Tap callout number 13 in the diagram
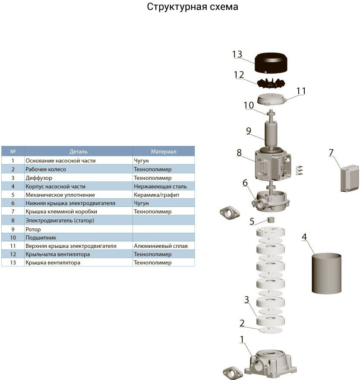point(237,54)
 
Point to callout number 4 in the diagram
point(304,237)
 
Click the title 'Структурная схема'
point(192,7)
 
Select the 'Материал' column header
point(163,152)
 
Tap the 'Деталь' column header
point(79,152)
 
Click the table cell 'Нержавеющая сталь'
point(160,187)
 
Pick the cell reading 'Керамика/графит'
point(156,195)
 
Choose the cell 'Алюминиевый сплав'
point(160,246)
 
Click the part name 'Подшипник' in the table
point(41,237)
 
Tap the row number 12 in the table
point(13,254)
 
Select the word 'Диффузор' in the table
point(38,178)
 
